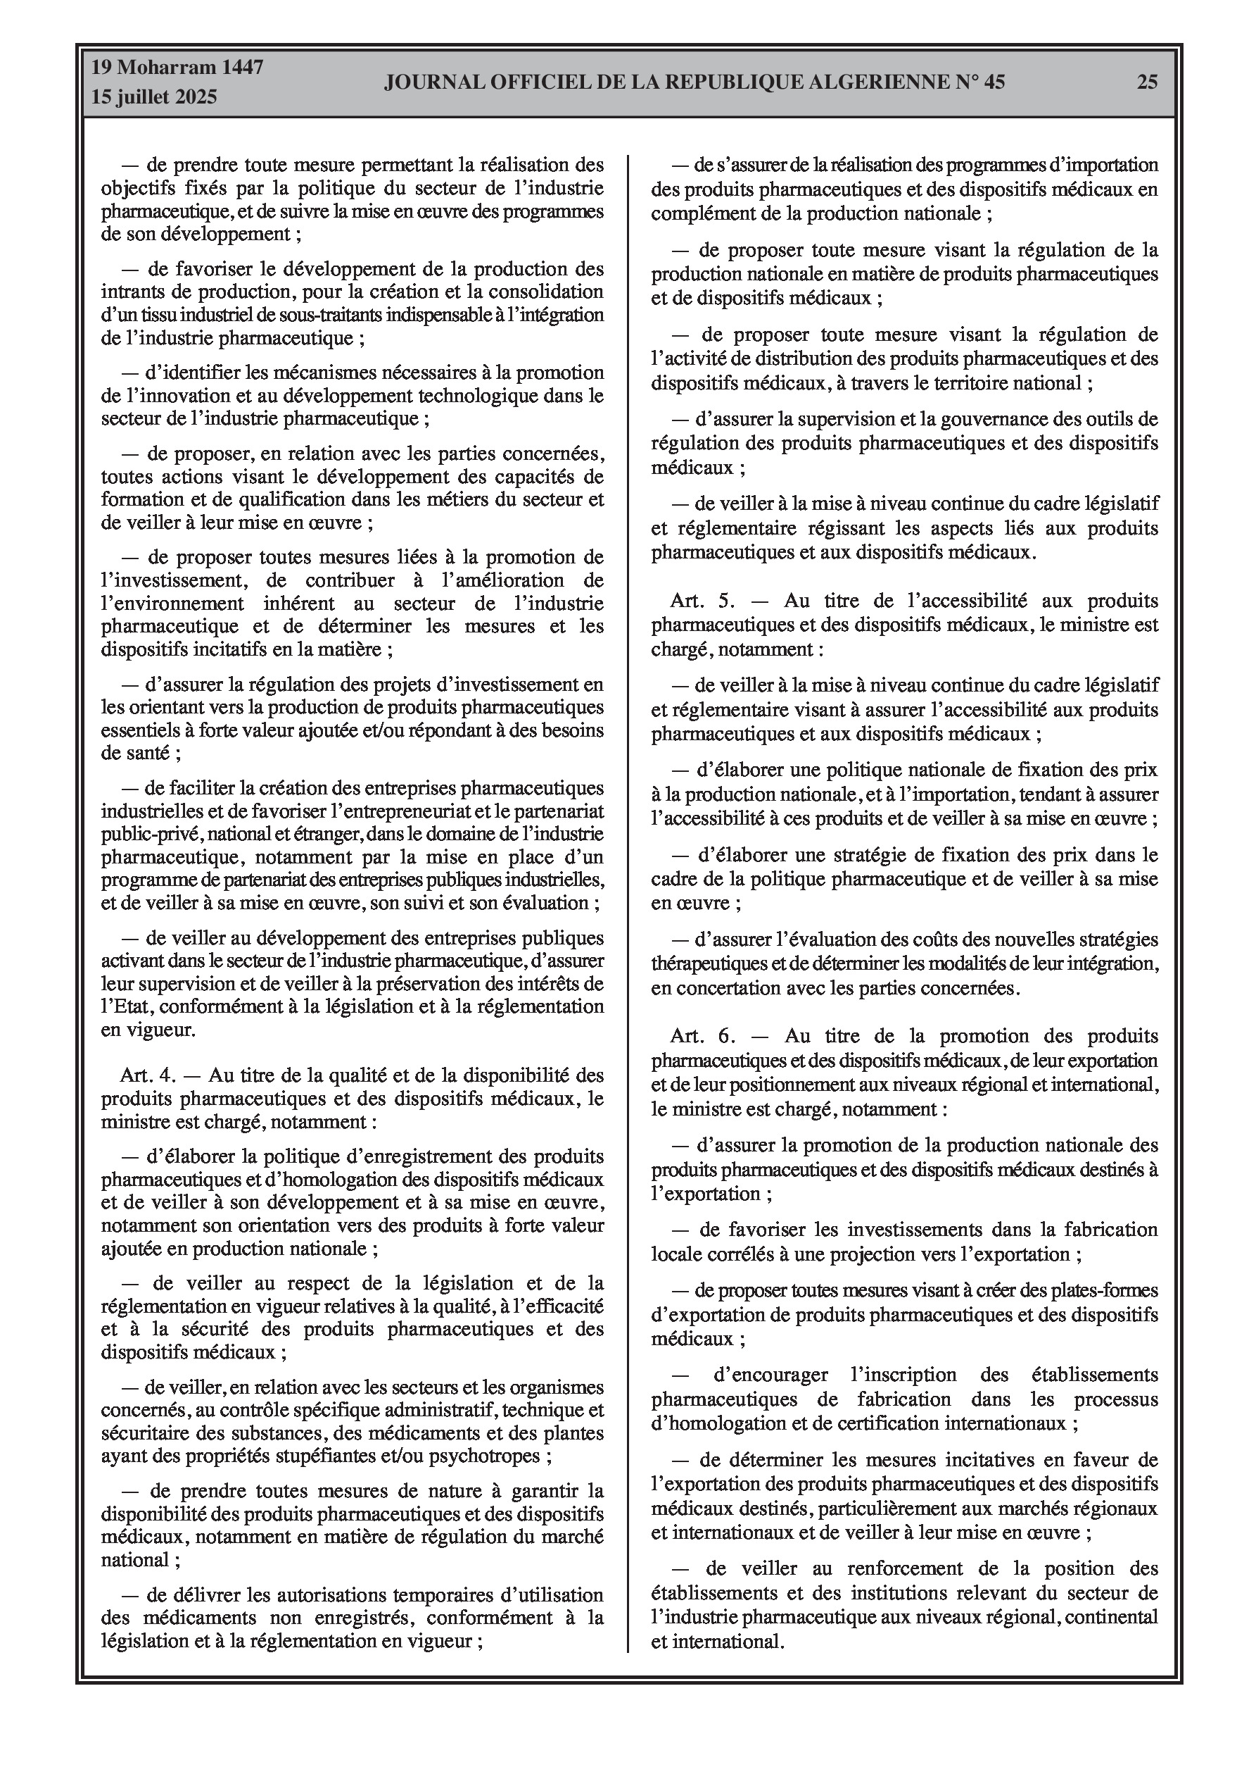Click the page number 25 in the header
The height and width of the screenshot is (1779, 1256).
pos(1147,82)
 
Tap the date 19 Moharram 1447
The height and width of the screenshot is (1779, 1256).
pos(177,68)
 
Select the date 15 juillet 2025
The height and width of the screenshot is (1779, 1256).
pos(154,98)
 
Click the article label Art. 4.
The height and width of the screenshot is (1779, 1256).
pos(148,1075)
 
